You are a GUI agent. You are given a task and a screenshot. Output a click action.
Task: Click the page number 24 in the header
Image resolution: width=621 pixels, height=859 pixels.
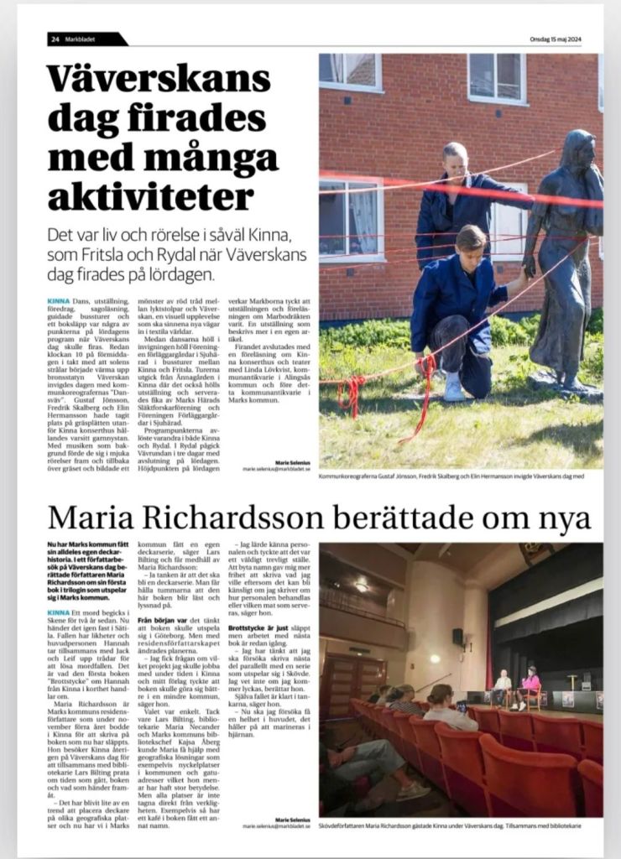click(55, 39)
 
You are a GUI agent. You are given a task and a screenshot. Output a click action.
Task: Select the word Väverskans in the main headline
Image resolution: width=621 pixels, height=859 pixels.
click(159, 80)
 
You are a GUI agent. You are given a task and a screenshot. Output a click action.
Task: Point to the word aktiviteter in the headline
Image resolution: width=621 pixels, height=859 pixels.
click(150, 196)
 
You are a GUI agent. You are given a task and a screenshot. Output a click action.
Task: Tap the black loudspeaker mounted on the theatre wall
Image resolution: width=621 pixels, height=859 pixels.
click(458, 637)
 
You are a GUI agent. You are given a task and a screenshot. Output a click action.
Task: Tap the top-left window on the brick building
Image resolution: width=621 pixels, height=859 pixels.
click(352, 71)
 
